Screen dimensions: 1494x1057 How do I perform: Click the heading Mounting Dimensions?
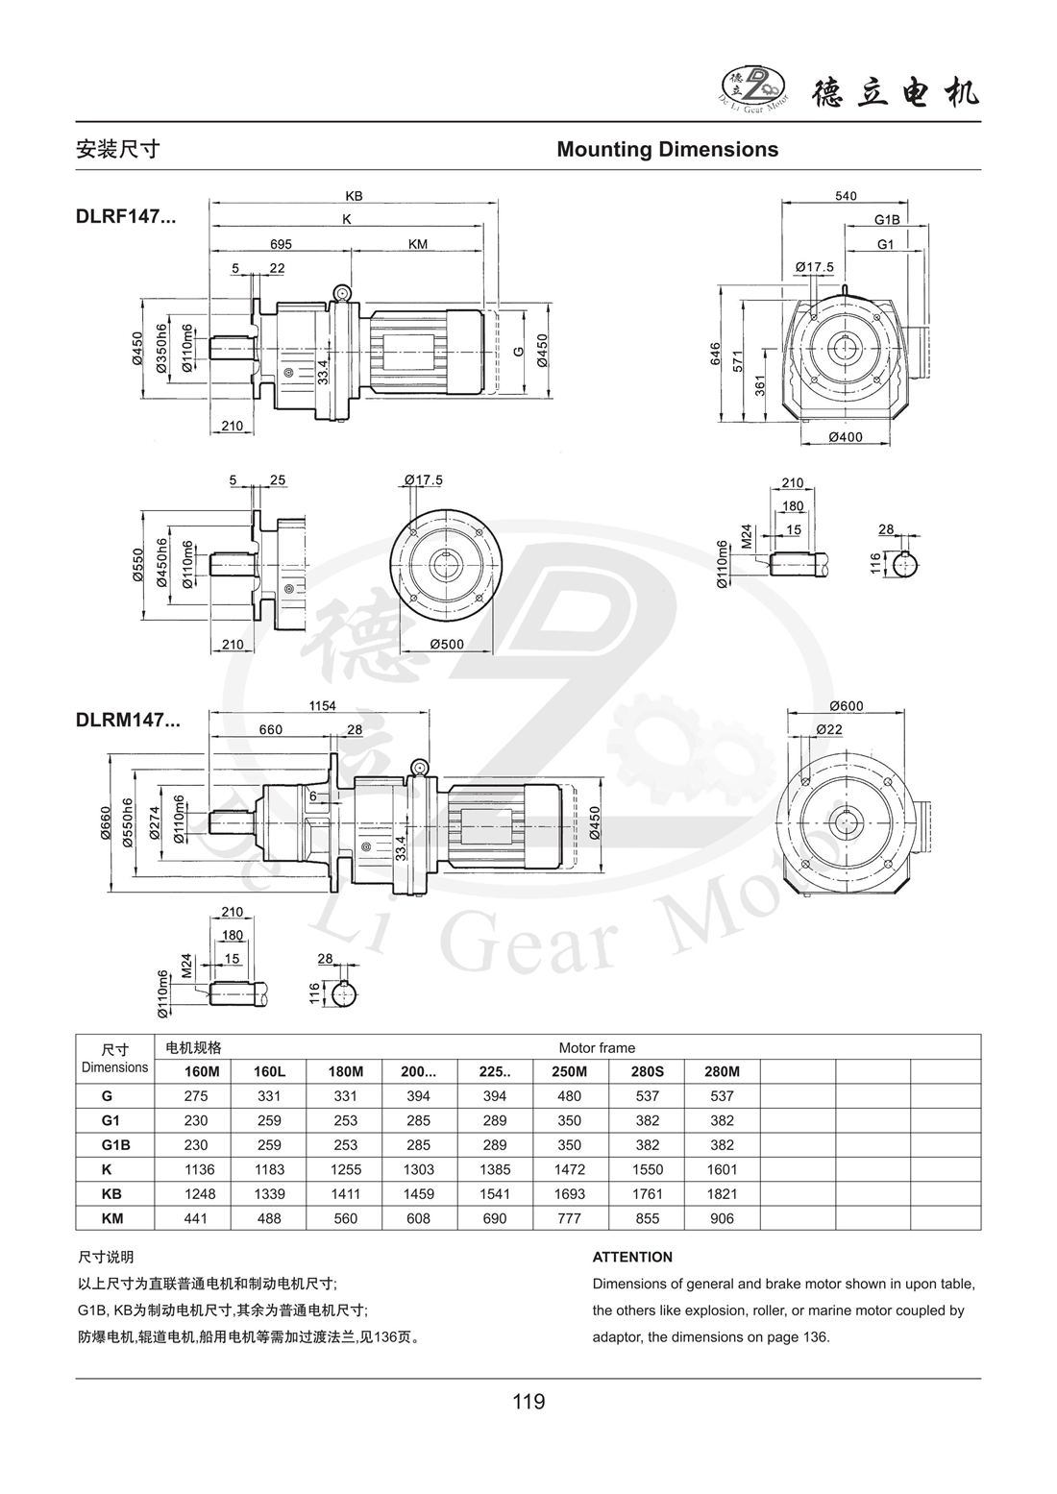[x=667, y=150]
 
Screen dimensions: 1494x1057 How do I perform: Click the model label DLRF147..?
[x=125, y=216]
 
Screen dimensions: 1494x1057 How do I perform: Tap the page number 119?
[x=528, y=1402]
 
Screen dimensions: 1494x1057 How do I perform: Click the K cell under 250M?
[x=570, y=1169]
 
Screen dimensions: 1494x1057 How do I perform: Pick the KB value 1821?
[x=722, y=1194]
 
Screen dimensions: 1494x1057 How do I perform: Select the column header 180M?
[x=345, y=1071]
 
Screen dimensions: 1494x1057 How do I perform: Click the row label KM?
[x=113, y=1218]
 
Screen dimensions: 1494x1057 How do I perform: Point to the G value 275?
[x=195, y=1096]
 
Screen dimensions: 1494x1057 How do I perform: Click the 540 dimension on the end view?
[x=845, y=196]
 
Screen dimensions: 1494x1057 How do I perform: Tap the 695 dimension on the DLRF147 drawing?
[x=281, y=245]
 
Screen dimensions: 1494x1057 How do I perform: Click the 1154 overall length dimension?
[x=322, y=706]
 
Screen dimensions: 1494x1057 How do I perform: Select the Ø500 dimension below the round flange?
[x=446, y=645]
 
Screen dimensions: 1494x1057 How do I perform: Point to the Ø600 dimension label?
[x=846, y=706]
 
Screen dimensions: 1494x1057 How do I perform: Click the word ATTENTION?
[x=632, y=1257]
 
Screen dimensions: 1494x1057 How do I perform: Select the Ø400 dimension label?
[x=845, y=438]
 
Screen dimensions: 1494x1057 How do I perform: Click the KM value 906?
[x=722, y=1218]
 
